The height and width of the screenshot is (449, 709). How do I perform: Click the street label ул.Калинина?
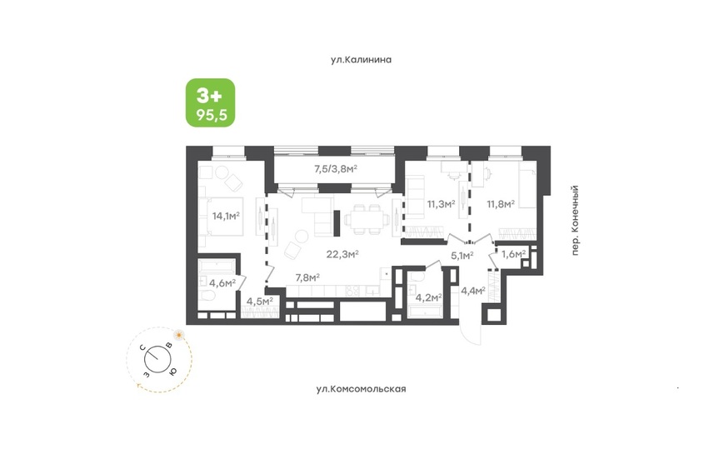tap(361, 60)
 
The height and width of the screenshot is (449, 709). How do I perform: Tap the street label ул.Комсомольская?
tap(361, 389)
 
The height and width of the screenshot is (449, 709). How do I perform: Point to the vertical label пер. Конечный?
tap(575, 220)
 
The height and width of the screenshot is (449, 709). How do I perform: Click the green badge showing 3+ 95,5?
tap(210, 102)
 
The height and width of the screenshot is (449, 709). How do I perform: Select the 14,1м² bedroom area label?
tap(226, 216)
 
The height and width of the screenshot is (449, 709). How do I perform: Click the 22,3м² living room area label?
tap(342, 254)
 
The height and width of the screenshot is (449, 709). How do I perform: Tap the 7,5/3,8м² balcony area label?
tap(336, 169)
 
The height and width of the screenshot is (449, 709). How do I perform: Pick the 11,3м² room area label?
tap(441, 204)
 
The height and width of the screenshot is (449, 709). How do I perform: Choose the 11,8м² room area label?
tap(501, 204)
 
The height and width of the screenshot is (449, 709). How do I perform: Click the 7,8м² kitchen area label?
tap(307, 277)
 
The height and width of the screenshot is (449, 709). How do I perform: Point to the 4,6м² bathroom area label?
tap(222, 283)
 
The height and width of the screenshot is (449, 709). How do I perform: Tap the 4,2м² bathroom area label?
tap(428, 297)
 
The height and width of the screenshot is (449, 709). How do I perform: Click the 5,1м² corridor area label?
tap(462, 256)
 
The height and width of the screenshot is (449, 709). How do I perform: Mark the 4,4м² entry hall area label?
tap(472, 290)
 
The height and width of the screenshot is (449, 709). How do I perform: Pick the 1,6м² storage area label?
tap(513, 254)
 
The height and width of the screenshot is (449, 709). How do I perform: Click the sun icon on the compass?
tap(179, 335)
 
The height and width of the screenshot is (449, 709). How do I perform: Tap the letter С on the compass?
tap(142, 347)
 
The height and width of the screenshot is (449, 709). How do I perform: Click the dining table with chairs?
tap(367, 220)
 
